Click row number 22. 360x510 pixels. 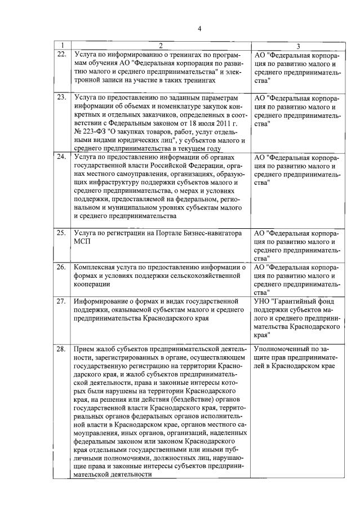(x=62, y=54)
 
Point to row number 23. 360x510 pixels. (x=62, y=97)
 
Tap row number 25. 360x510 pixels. (x=62, y=232)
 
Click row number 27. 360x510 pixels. (x=62, y=301)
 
